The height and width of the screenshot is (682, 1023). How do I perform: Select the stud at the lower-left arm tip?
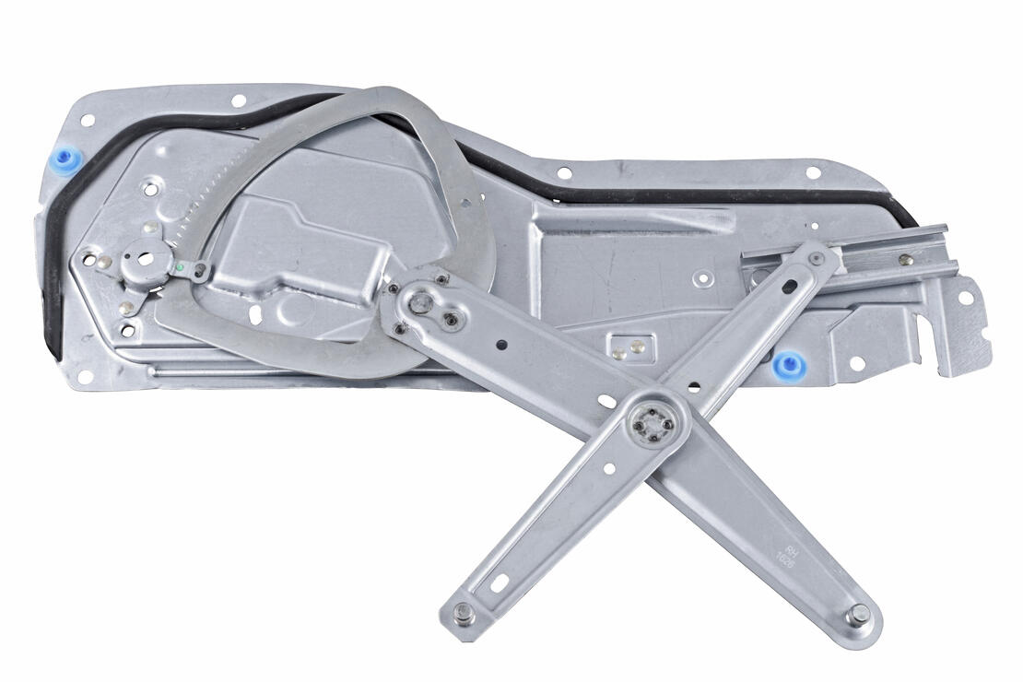[460, 616]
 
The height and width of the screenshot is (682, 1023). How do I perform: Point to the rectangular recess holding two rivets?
[628, 347]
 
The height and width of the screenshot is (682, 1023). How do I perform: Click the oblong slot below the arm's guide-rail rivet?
[789, 287]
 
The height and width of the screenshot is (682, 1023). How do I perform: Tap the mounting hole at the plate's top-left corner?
[88, 120]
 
